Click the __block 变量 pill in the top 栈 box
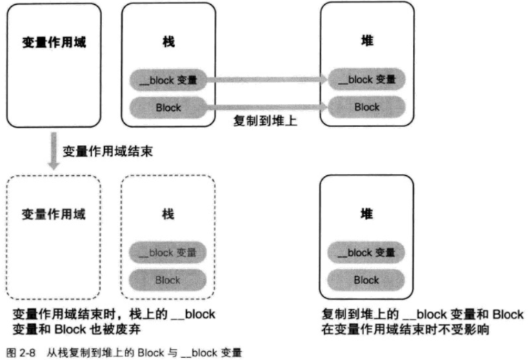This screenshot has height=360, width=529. (168, 80)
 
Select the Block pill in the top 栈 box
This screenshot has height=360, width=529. (168, 107)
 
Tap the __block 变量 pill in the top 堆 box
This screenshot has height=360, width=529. (367, 80)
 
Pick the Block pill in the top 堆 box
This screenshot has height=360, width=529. (367, 107)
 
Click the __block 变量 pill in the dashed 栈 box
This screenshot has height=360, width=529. (168, 253)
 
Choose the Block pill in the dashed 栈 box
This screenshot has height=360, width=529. (168, 280)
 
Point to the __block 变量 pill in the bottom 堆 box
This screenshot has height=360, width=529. (366, 253)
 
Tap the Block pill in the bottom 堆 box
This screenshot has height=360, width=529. (366, 280)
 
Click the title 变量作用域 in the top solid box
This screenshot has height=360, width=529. (54, 41)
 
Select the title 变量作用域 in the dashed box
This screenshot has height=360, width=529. (54, 214)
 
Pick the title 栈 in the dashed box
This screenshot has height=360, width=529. (168, 214)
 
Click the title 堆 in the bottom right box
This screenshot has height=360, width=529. (366, 214)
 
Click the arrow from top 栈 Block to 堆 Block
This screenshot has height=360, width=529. (266, 107)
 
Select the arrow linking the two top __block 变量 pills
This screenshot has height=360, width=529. (266, 80)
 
